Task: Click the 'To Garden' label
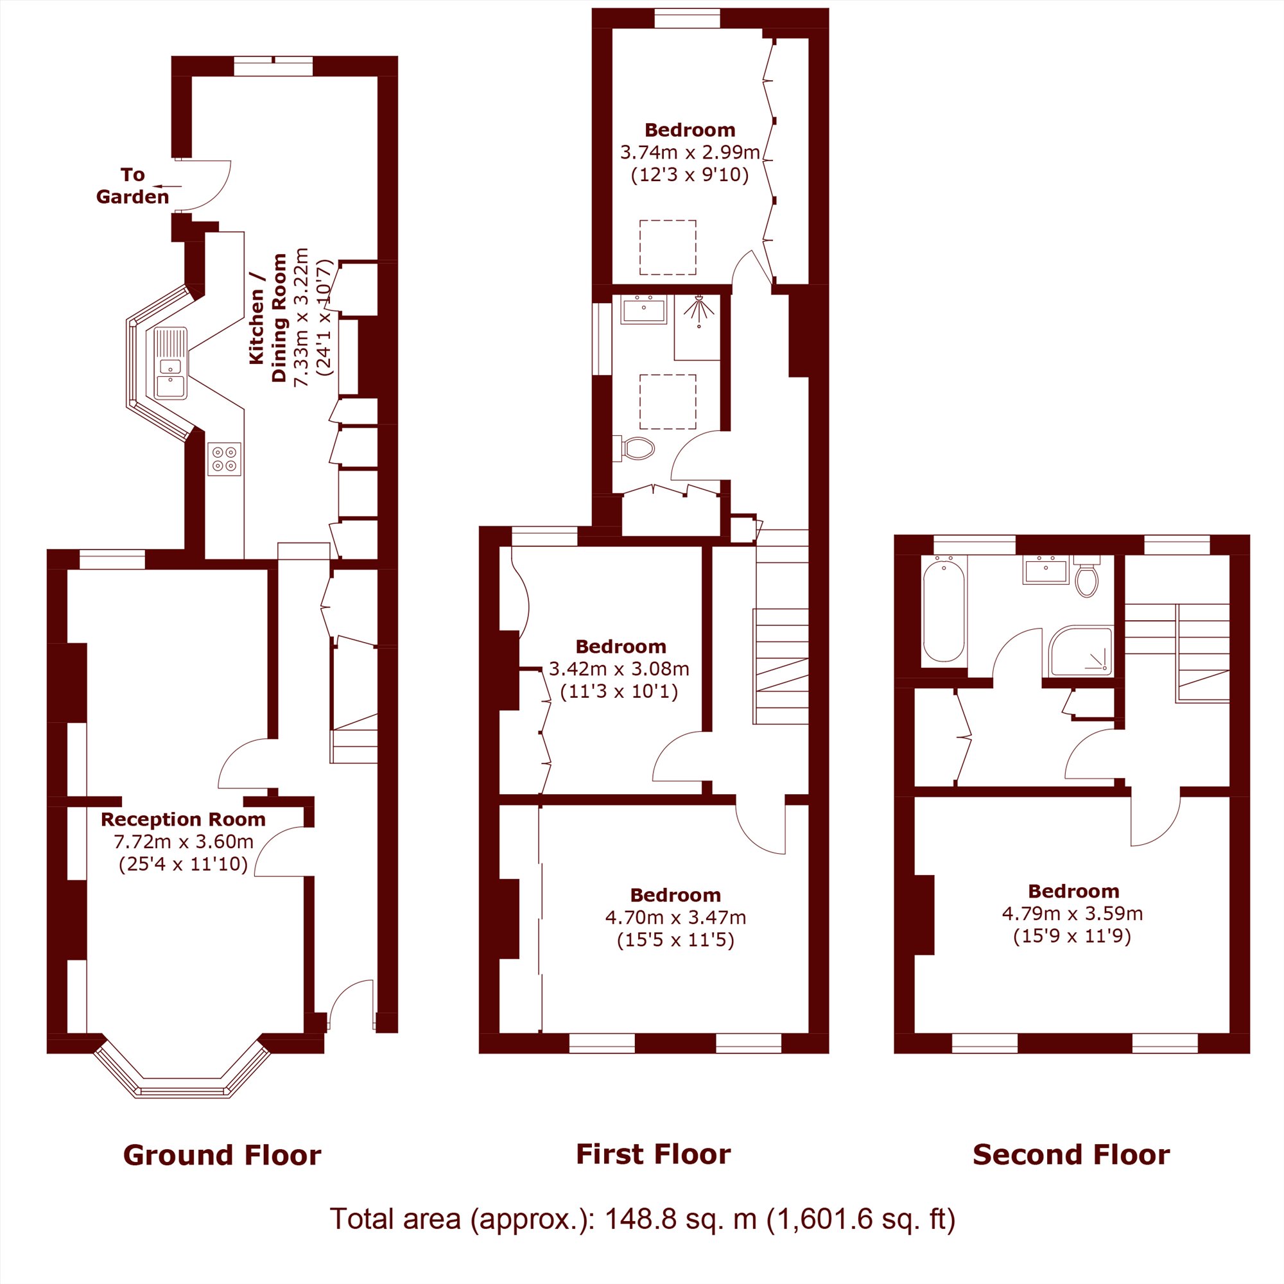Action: coord(133,186)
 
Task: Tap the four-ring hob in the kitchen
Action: coord(224,459)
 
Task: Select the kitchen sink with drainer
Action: coord(171,363)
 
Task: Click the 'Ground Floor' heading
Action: coord(222,1155)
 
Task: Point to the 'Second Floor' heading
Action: coord(1071,1154)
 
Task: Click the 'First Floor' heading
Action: coord(654,1154)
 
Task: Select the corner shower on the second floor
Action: coord(1080,650)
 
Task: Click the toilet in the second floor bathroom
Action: coord(1087,577)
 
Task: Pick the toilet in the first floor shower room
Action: coord(636,449)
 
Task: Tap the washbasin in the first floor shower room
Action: coord(643,309)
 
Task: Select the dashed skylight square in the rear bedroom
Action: coord(668,247)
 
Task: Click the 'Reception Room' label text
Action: coord(183,819)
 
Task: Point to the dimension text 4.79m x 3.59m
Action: coord(1072,913)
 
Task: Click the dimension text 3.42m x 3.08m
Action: coord(619,668)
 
